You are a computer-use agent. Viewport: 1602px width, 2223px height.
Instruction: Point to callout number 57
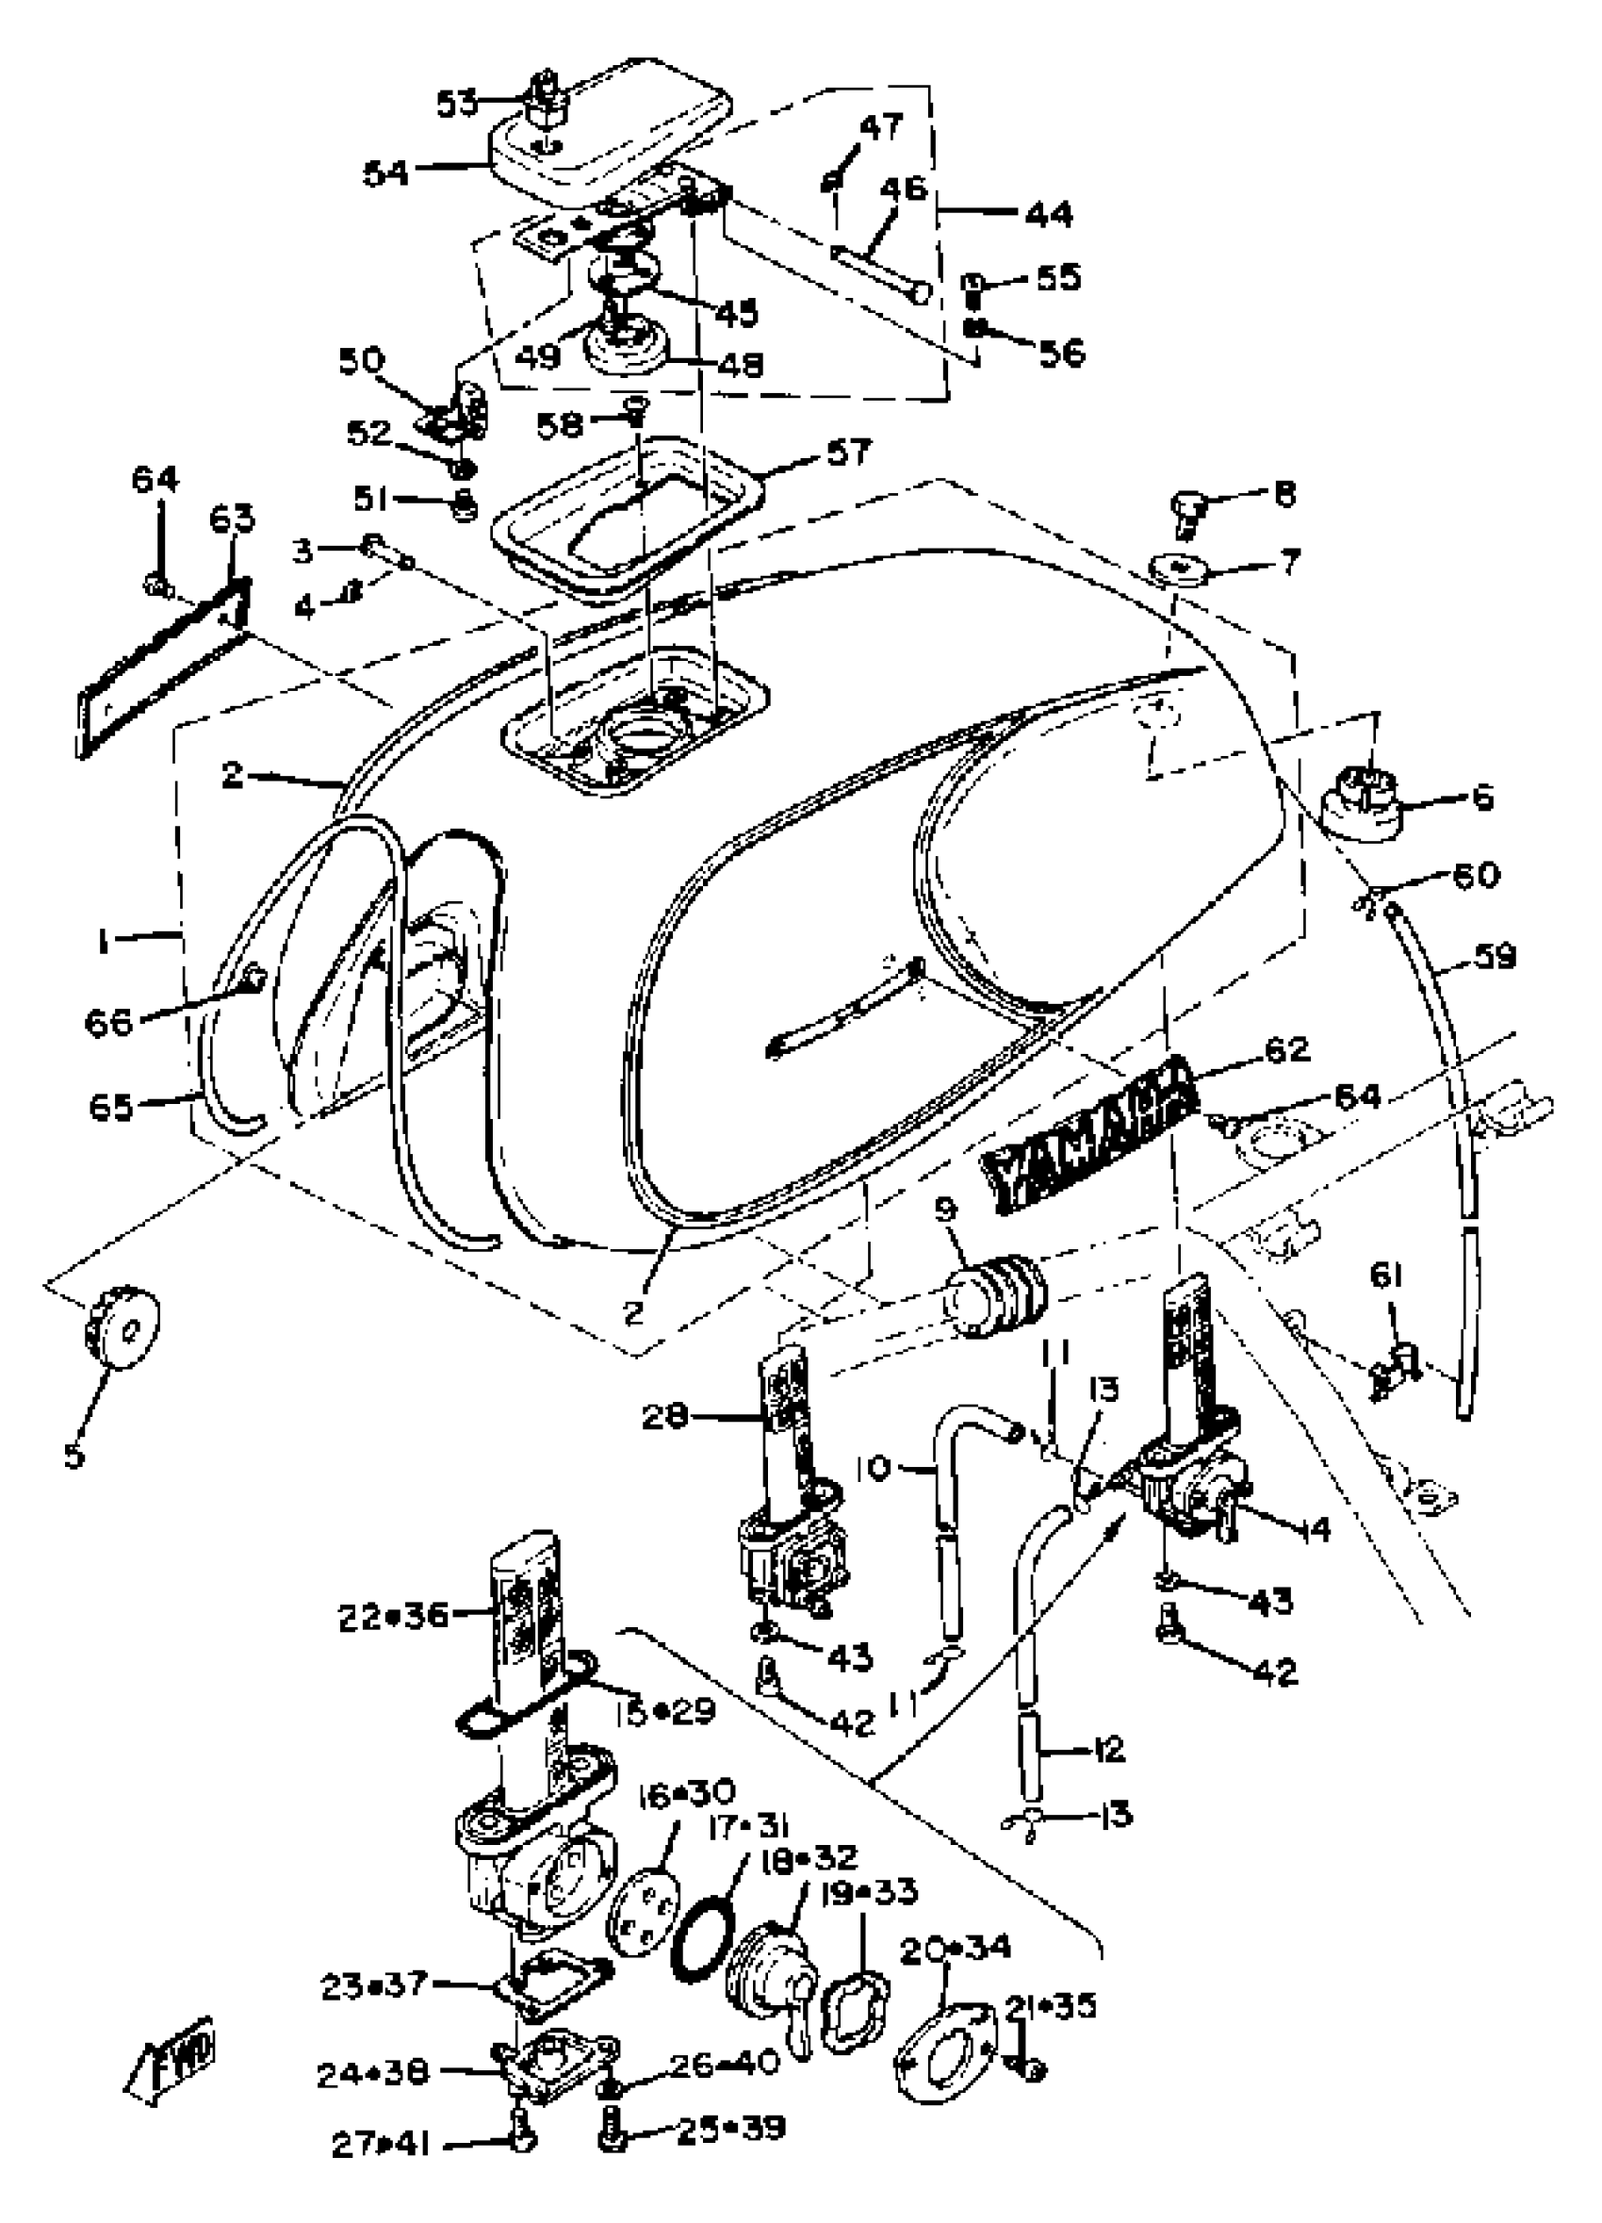point(847,452)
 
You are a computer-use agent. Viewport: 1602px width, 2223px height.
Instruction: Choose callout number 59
point(1494,956)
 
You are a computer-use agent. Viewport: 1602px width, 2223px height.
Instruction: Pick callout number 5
point(74,1455)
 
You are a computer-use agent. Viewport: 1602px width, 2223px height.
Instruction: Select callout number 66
point(108,1022)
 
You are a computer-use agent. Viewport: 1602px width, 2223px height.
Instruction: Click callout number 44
point(1049,214)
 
